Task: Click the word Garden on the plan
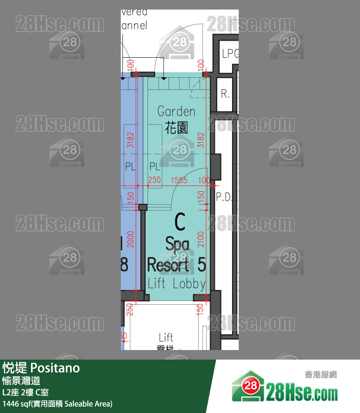pos(176,112)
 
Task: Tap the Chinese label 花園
pos(176,127)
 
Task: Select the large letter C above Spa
pos(180,222)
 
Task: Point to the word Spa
pos(177,244)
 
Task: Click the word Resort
pos(168,265)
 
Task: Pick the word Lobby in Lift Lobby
pos(189,284)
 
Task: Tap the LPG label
pos(230,54)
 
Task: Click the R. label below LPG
pos(225,94)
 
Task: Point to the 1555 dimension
pos(179,180)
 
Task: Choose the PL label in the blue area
pos(130,167)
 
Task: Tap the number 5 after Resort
pos(201,265)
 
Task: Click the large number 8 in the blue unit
pos(124,265)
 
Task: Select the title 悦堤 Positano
pos(41,368)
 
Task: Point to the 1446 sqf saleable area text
pos(57,404)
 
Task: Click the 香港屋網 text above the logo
pos(320,375)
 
